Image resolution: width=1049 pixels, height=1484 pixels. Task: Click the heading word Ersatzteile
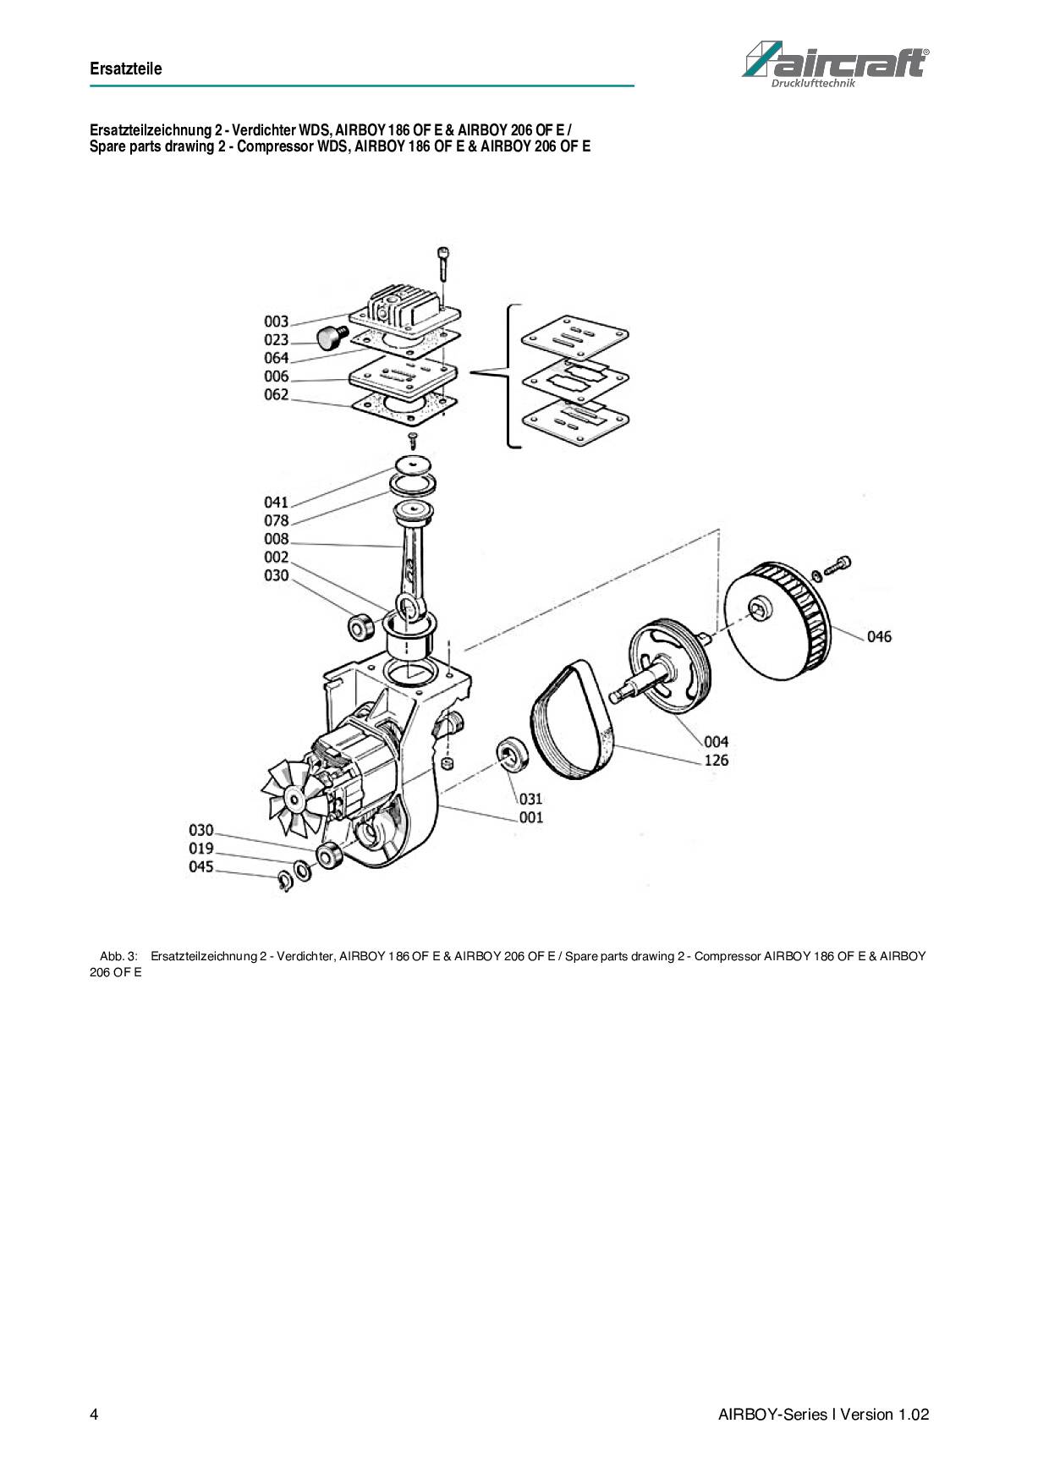pyautogui.click(x=125, y=69)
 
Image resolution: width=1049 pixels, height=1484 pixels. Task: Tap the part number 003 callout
pyautogui.click(x=277, y=322)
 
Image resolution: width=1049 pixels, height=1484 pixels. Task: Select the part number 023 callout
pyautogui.click(x=277, y=340)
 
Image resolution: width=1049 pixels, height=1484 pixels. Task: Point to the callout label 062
pyautogui.click(x=277, y=395)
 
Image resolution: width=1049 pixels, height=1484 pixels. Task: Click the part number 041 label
pyautogui.click(x=277, y=503)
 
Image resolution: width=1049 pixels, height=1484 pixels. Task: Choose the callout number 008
pyautogui.click(x=277, y=539)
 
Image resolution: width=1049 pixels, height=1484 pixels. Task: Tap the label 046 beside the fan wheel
pyautogui.click(x=879, y=636)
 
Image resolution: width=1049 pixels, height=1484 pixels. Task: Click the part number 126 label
pyautogui.click(x=716, y=760)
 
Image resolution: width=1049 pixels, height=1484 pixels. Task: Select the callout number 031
pyautogui.click(x=530, y=799)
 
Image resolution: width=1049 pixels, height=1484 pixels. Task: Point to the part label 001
pyautogui.click(x=530, y=817)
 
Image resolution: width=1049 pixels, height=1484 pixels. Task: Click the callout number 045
pyautogui.click(x=201, y=867)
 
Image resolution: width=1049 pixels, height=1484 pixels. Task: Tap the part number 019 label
pyautogui.click(x=201, y=849)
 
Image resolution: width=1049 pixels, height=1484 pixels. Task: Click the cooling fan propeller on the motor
pyautogui.click(x=294, y=797)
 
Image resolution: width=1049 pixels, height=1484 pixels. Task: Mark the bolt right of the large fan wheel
pyautogui.click(x=833, y=566)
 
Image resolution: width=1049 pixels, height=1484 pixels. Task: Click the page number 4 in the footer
pyautogui.click(x=94, y=1415)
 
